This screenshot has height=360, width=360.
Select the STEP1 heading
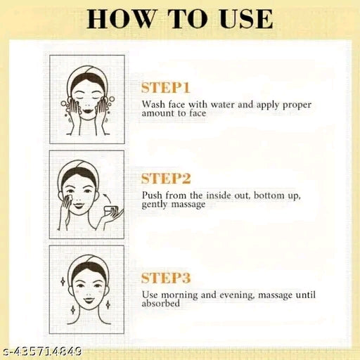click(165, 88)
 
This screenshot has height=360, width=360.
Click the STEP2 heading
click(166, 179)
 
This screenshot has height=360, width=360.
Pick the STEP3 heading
click(166, 278)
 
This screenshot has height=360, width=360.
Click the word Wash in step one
click(153, 104)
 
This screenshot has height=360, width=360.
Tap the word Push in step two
click(152, 195)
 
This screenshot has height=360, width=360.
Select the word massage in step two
click(188, 205)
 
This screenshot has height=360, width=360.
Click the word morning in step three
click(179, 295)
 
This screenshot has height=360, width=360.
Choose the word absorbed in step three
click(161, 303)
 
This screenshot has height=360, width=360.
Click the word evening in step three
click(237, 295)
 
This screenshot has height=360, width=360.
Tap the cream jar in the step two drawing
click(112, 210)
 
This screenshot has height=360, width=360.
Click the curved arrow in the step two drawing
click(108, 198)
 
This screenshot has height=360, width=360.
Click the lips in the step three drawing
click(87, 300)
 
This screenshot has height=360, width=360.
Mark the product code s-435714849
click(41, 352)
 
